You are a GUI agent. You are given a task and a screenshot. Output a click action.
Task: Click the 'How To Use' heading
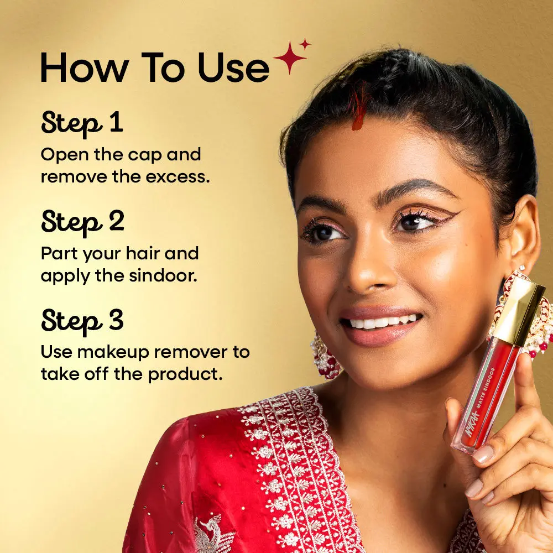point(155,67)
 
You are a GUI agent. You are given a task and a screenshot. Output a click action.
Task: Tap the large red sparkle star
point(290,58)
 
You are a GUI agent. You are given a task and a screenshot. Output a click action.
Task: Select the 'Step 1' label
point(82,123)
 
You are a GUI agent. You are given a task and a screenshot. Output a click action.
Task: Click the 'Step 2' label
point(82,222)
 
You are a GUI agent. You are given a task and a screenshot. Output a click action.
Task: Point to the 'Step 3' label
point(82,321)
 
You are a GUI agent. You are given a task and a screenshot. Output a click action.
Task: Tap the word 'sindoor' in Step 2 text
point(163,275)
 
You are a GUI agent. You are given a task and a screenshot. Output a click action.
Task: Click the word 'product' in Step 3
point(185,374)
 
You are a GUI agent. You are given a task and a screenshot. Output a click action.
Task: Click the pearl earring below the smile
point(325,356)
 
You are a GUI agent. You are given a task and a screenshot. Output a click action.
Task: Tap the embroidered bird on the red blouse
point(213,533)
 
